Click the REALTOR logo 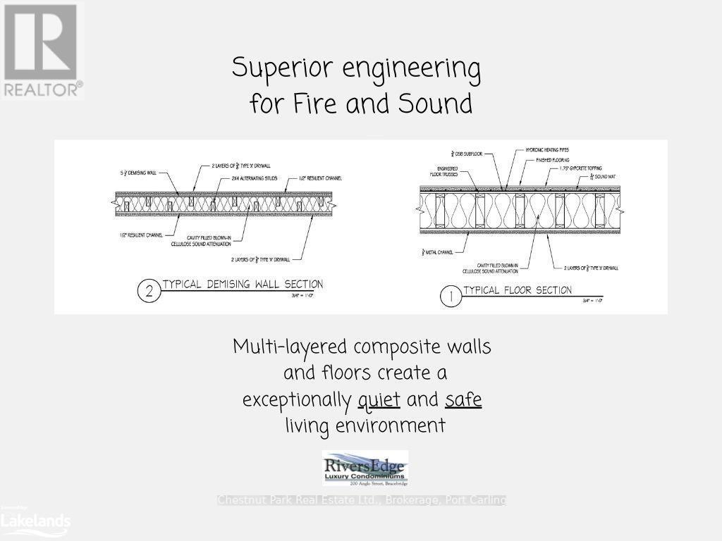tap(42, 49)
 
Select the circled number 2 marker tap(149, 292)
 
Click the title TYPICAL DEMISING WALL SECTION tap(243, 285)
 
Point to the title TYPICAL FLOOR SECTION tap(517, 290)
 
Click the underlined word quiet tap(379, 399)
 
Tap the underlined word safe tap(463, 399)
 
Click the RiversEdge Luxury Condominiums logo tap(365, 468)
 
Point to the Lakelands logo tap(35, 521)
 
